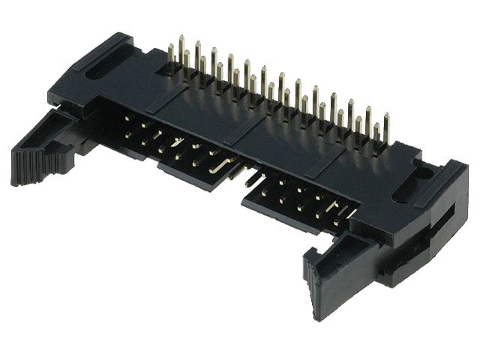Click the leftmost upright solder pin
point(171,58)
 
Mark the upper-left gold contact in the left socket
point(128,121)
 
